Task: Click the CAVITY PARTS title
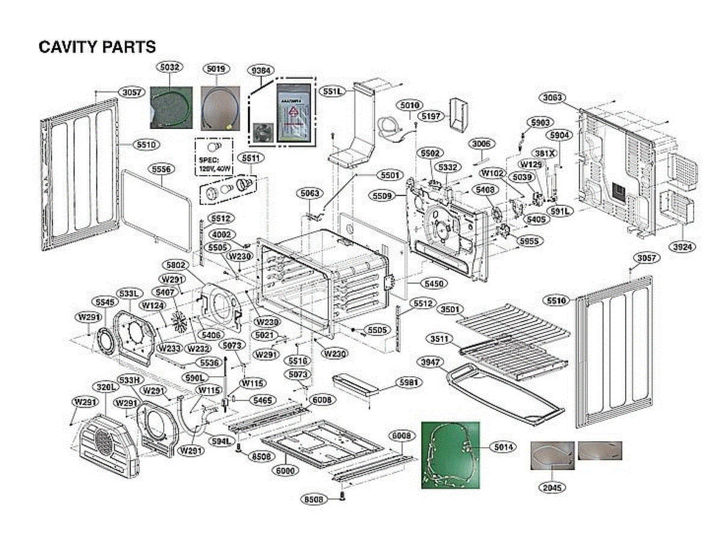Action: tap(97, 47)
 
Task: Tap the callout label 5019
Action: tap(215, 69)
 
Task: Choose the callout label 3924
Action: tap(683, 247)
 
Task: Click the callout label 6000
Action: tap(286, 470)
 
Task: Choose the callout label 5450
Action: tap(424, 282)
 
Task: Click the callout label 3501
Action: tap(450, 310)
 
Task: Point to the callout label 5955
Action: tap(530, 241)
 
